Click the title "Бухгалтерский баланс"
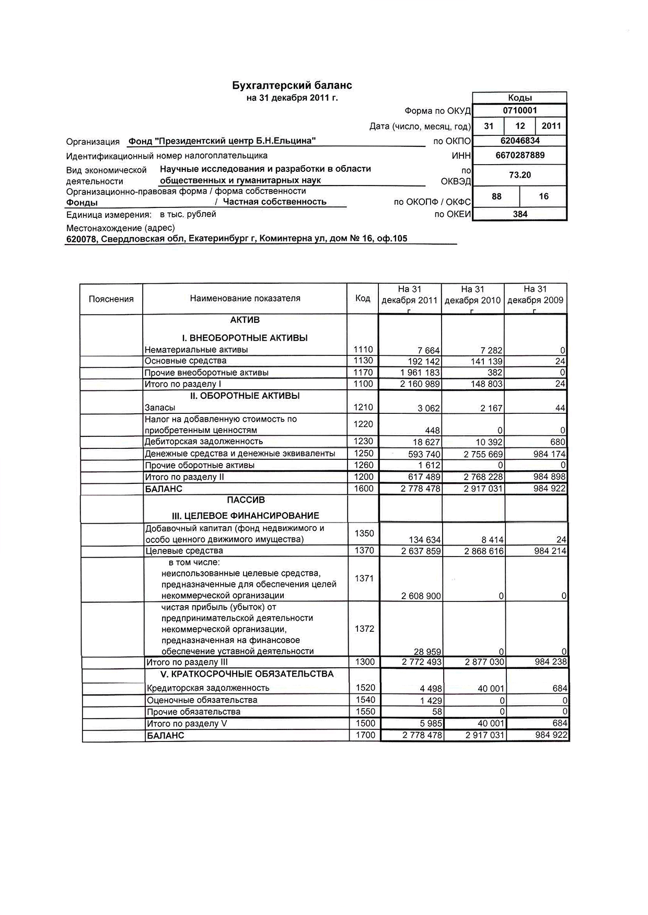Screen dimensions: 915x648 pyautogui.click(x=292, y=85)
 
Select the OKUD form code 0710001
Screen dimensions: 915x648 pyautogui.click(x=520, y=110)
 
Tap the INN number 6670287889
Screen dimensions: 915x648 pyautogui.click(x=520, y=155)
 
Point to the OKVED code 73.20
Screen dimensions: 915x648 pyautogui.click(x=520, y=175)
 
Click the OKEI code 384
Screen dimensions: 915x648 pyautogui.click(x=520, y=214)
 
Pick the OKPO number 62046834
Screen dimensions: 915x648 pyautogui.click(x=520, y=141)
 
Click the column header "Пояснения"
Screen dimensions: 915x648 pyautogui.click(x=111, y=299)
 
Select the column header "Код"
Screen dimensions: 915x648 pyautogui.click(x=363, y=298)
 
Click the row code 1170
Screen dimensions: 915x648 pyautogui.click(x=363, y=373)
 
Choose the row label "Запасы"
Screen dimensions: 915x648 pyautogui.click(x=160, y=408)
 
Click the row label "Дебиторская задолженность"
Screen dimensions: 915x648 pyautogui.click(x=204, y=442)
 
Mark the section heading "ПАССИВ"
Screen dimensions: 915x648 pyautogui.click(x=246, y=500)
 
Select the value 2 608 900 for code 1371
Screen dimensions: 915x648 pyautogui.click(x=421, y=596)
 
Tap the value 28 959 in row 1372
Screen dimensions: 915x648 pyautogui.click(x=427, y=652)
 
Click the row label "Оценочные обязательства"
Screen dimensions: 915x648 pyautogui.click(x=202, y=700)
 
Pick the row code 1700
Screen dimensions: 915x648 pyautogui.click(x=365, y=735)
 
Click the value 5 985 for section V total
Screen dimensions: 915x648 pyautogui.click(x=431, y=724)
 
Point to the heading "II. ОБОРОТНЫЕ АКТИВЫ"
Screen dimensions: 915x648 pyautogui.click(x=245, y=396)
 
